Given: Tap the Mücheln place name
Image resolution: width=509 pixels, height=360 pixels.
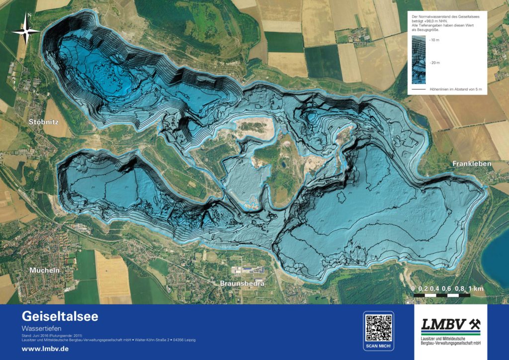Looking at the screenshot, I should tap(44, 270).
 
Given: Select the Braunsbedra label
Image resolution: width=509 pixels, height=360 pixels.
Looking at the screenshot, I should tap(242, 283).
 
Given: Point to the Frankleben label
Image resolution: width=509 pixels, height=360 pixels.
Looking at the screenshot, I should tap(472, 164).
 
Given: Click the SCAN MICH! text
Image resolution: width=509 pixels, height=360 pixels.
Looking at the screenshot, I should tap(379, 345).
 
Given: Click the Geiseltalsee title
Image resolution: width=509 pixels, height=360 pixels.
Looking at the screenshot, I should tap(60, 316).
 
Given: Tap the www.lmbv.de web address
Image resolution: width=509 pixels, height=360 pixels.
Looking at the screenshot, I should tap(45, 349).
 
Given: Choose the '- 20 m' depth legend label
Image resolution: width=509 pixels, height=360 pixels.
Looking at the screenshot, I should tap(434, 63).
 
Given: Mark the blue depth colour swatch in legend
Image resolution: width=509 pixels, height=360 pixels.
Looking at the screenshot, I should tap(419, 60).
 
